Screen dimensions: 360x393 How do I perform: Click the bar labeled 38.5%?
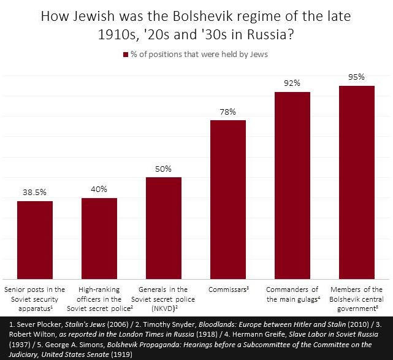pyautogui.click(x=34, y=239)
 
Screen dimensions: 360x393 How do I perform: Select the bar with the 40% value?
pyautogui.click(x=99, y=237)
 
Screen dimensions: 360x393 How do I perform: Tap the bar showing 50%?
pyautogui.click(x=163, y=227)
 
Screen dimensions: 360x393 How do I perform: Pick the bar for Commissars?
pyautogui.click(x=228, y=199)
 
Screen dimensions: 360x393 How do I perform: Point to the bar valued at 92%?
pyautogui.click(x=292, y=185)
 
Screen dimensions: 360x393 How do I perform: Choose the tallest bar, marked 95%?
pyautogui.click(x=357, y=182)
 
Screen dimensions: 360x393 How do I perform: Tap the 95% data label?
pyautogui.click(x=357, y=77)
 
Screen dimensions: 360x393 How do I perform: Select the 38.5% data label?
pyautogui.click(x=34, y=192)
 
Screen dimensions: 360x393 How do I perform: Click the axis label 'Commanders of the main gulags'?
pyautogui.click(x=292, y=294)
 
